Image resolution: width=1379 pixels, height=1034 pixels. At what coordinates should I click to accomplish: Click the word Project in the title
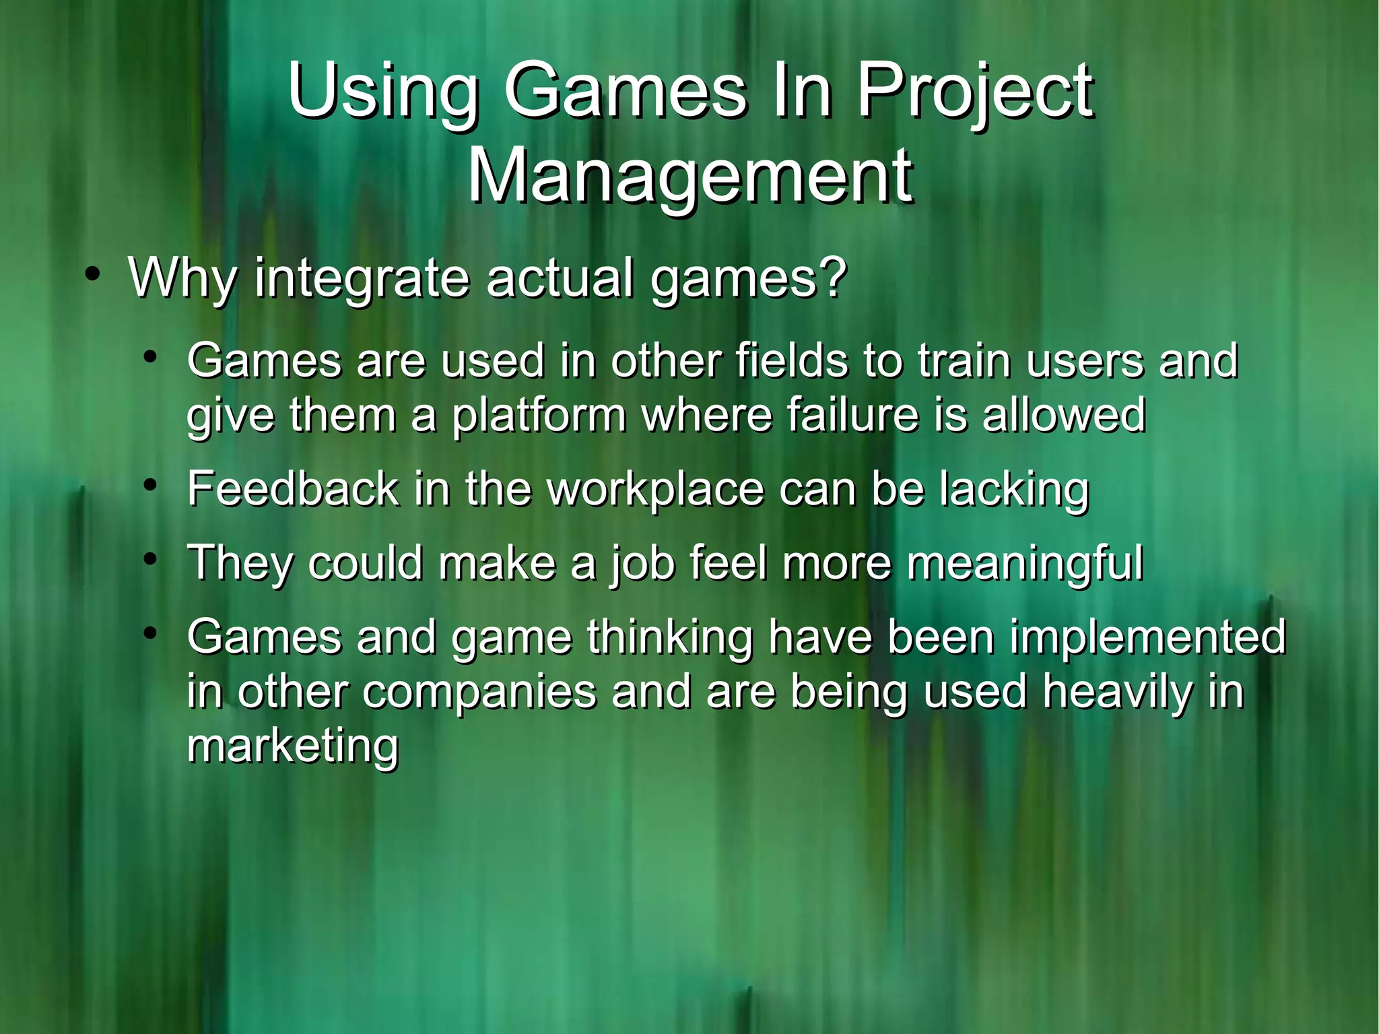pos(974,92)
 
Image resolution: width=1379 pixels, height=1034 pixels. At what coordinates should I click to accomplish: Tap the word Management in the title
pos(690,176)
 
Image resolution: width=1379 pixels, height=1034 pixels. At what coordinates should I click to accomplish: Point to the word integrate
pos(361,278)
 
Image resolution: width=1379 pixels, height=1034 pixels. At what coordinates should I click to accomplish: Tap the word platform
pos(539,416)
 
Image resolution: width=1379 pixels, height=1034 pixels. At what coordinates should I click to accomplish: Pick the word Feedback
pos(293,488)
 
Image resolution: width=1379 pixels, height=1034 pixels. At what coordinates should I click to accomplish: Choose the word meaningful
pos(1024,563)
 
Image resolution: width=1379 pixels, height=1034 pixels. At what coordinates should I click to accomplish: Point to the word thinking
pos(669,637)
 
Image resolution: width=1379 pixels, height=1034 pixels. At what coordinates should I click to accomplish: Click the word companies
pos(479,692)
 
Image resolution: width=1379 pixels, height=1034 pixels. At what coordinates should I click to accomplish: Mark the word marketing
pos(293,747)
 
